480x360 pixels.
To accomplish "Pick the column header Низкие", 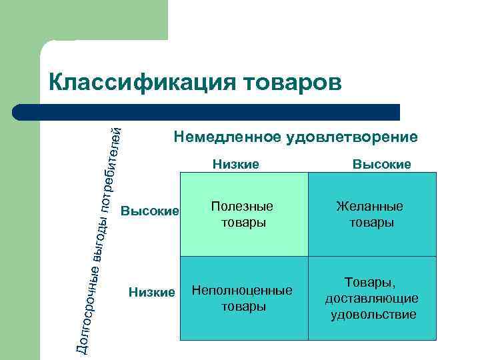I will [235, 164].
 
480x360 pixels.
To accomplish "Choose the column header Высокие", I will [381, 164].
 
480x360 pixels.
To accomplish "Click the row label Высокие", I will [150, 211].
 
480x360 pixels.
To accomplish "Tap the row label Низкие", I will [152, 291].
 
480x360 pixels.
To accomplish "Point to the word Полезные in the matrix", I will [243, 207].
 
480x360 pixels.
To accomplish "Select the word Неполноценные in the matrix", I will [242, 291].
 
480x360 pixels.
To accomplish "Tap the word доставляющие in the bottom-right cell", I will [372, 299].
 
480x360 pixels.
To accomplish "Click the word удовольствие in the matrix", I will [373, 314].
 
